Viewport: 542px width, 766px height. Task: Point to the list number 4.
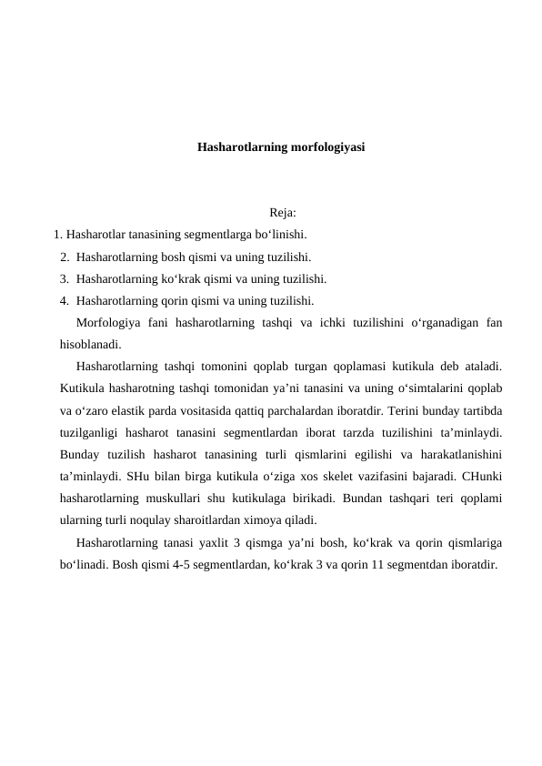pos(64,299)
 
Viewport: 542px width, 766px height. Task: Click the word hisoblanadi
pos(89,344)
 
